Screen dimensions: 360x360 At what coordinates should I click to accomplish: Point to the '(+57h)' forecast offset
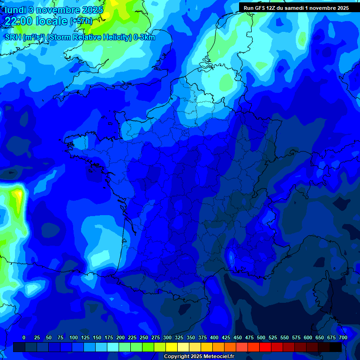[x=81, y=21]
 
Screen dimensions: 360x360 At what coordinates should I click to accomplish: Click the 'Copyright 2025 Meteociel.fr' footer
[x=199, y=357]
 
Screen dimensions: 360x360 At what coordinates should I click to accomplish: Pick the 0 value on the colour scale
[x=24, y=337]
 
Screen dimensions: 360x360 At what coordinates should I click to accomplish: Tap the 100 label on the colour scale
[x=74, y=337]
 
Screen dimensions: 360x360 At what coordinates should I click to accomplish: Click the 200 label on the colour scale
[x=120, y=337]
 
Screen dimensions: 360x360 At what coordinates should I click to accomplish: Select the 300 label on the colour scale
[x=167, y=337]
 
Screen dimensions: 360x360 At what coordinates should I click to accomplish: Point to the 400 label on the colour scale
[x=214, y=337]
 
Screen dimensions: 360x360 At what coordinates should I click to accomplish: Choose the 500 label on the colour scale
[x=261, y=337]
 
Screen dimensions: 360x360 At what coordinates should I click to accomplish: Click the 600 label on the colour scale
[x=308, y=337]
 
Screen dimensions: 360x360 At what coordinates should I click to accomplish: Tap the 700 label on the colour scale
[x=343, y=337]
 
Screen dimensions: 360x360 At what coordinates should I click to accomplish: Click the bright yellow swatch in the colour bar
[x=172, y=347]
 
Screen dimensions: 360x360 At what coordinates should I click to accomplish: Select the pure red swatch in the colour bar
[x=265, y=347]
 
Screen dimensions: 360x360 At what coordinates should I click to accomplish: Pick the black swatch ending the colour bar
[x=336, y=347]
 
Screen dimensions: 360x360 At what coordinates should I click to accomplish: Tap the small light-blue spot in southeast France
[x=231, y=257]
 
